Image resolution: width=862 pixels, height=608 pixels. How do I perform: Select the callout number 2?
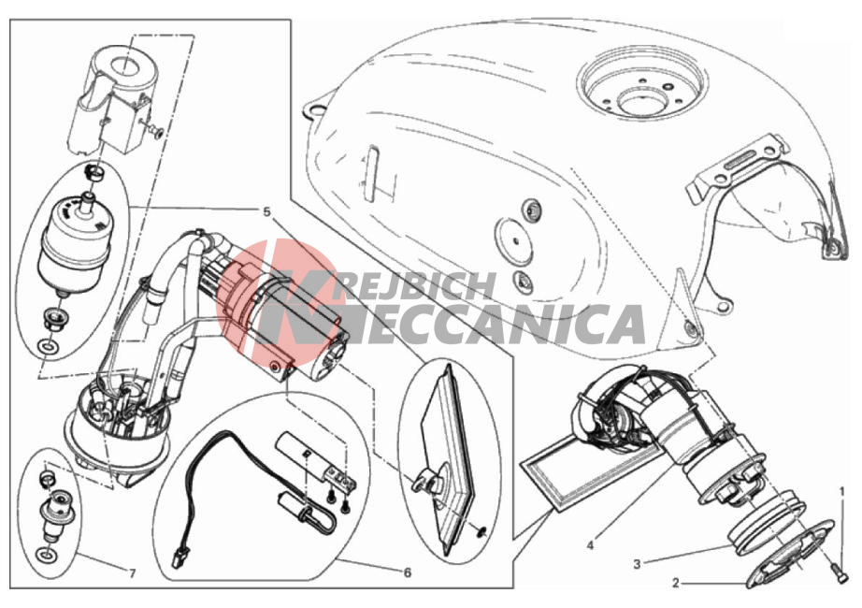pos(676,583)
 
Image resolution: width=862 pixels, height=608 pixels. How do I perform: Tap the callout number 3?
pos(638,564)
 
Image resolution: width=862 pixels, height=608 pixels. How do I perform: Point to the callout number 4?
pos(591,546)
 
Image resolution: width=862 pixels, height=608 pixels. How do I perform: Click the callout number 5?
pos(266,211)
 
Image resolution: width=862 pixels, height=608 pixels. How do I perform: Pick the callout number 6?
pos(408,572)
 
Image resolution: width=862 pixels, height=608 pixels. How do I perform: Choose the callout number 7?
pos(132,574)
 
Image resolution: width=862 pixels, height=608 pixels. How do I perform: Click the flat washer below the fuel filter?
pos(49,348)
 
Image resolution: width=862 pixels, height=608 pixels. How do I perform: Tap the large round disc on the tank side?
pos(514,239)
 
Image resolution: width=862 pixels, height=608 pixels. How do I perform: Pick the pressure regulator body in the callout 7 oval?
pos(55,515)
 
